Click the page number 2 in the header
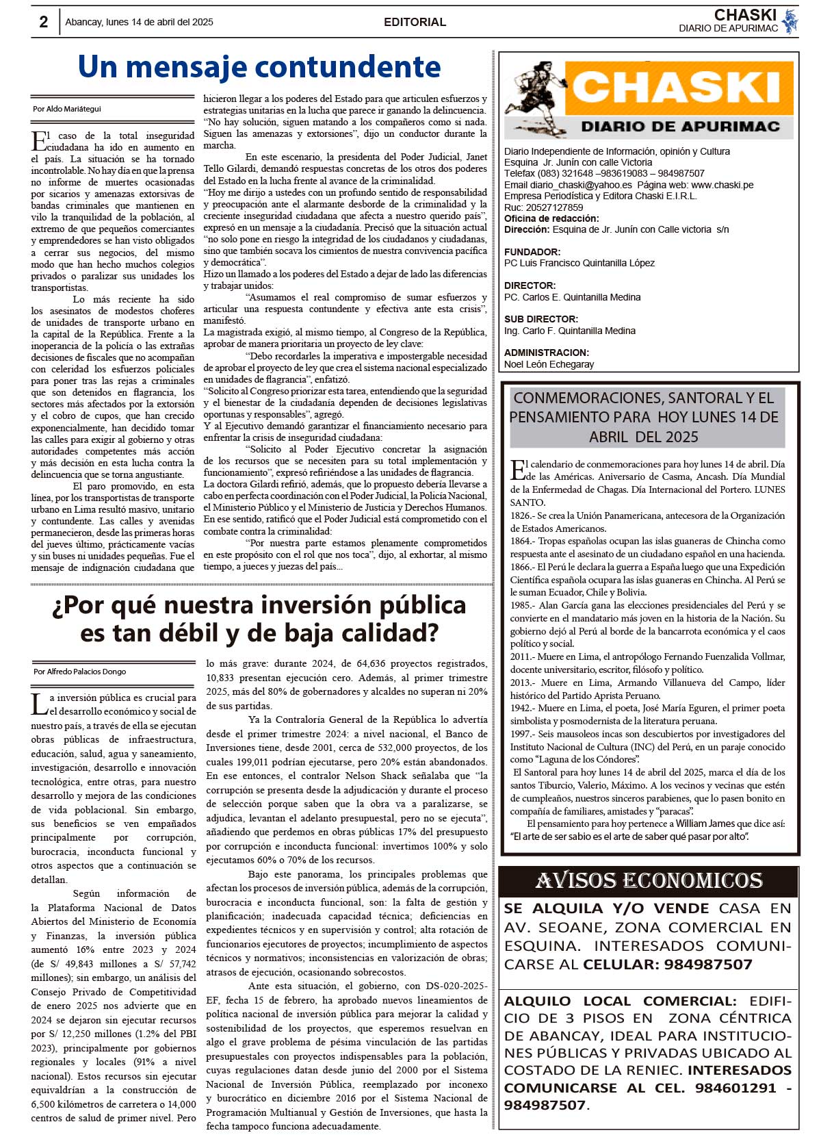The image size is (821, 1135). (x=44, y=22)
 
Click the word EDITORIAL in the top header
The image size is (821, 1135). (x=415, y=22)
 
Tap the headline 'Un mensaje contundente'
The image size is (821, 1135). (x=259, y=67)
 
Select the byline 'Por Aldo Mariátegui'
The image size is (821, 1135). (x=67, y=109)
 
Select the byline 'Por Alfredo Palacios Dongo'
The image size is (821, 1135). (x=80, y=672)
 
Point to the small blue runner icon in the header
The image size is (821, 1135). (x=790, y=21)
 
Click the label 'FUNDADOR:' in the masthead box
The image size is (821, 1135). (x=532, y=252)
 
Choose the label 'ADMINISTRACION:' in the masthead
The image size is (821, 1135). (x=547, y=353)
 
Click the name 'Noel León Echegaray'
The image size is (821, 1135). (x=549, y=364)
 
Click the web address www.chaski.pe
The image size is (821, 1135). (x=722, y=185)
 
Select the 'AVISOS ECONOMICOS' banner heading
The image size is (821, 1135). (x=649, y=881)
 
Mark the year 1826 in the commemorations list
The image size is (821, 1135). (x=521, y=515)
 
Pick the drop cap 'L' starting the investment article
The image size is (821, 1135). (x=39, y=704)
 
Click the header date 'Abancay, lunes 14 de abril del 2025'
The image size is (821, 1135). (x=139, y=22)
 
